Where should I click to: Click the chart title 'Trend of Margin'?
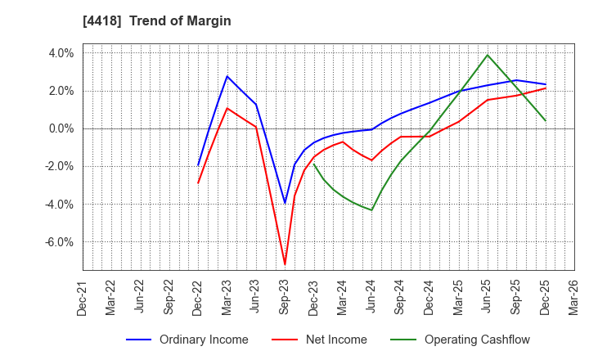187,21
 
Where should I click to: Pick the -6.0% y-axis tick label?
59,242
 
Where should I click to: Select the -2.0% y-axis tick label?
59,166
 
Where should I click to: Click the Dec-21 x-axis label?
83,299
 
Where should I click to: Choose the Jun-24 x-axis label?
372,299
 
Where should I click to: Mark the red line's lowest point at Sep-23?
285,264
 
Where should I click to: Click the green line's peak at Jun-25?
488,55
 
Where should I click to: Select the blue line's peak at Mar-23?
227,76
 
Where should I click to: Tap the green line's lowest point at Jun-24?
371,210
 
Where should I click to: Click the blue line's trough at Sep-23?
285,203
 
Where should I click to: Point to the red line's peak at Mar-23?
227,108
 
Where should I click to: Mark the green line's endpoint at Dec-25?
546,121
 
